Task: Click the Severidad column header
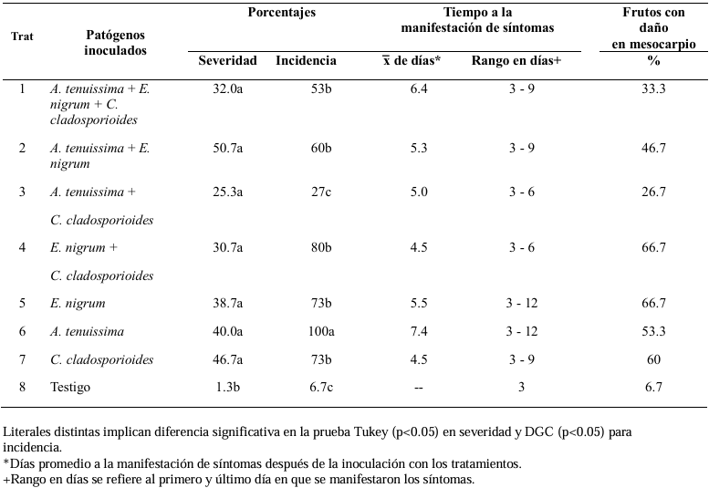pos(227,60)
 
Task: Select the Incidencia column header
pos(306,60)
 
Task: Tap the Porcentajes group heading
pos(282,12)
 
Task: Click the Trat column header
pos(22,36)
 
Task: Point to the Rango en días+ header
pos(516,60)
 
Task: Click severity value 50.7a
pos(228,148)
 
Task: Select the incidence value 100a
pos(321,331)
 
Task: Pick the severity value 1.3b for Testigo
pos(227,387)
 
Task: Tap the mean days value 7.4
pos(419,331)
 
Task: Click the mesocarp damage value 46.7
pos(653,148)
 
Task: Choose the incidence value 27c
pos(320,192)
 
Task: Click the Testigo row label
pos(70,388)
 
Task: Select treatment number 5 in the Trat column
pos(22,303)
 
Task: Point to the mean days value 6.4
pos(419,88)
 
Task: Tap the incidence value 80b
pos(320,247)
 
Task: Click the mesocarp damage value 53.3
pos(653,331)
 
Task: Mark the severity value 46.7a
pos(228,359)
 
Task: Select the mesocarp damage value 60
pos(654,359)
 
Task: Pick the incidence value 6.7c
pos(321,387)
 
